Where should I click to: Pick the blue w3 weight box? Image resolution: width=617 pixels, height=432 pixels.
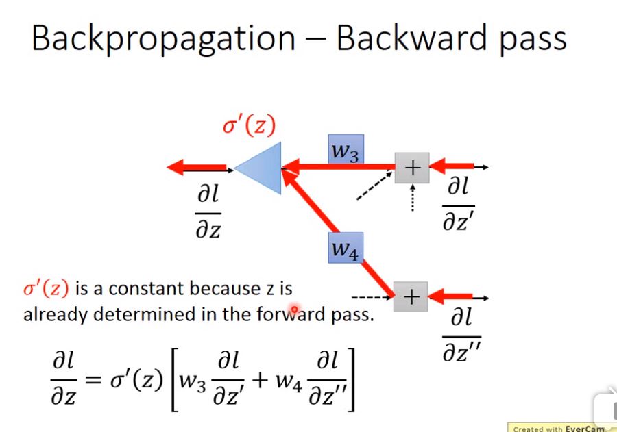click(346, 150)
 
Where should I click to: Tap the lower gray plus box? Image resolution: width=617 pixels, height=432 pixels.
click(411, 297)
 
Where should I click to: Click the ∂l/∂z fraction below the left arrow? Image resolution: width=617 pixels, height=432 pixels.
click(209, 213)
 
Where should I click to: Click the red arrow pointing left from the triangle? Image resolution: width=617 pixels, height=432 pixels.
click(197, 167)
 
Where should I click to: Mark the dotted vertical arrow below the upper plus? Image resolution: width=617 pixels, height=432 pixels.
click(412, 199)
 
